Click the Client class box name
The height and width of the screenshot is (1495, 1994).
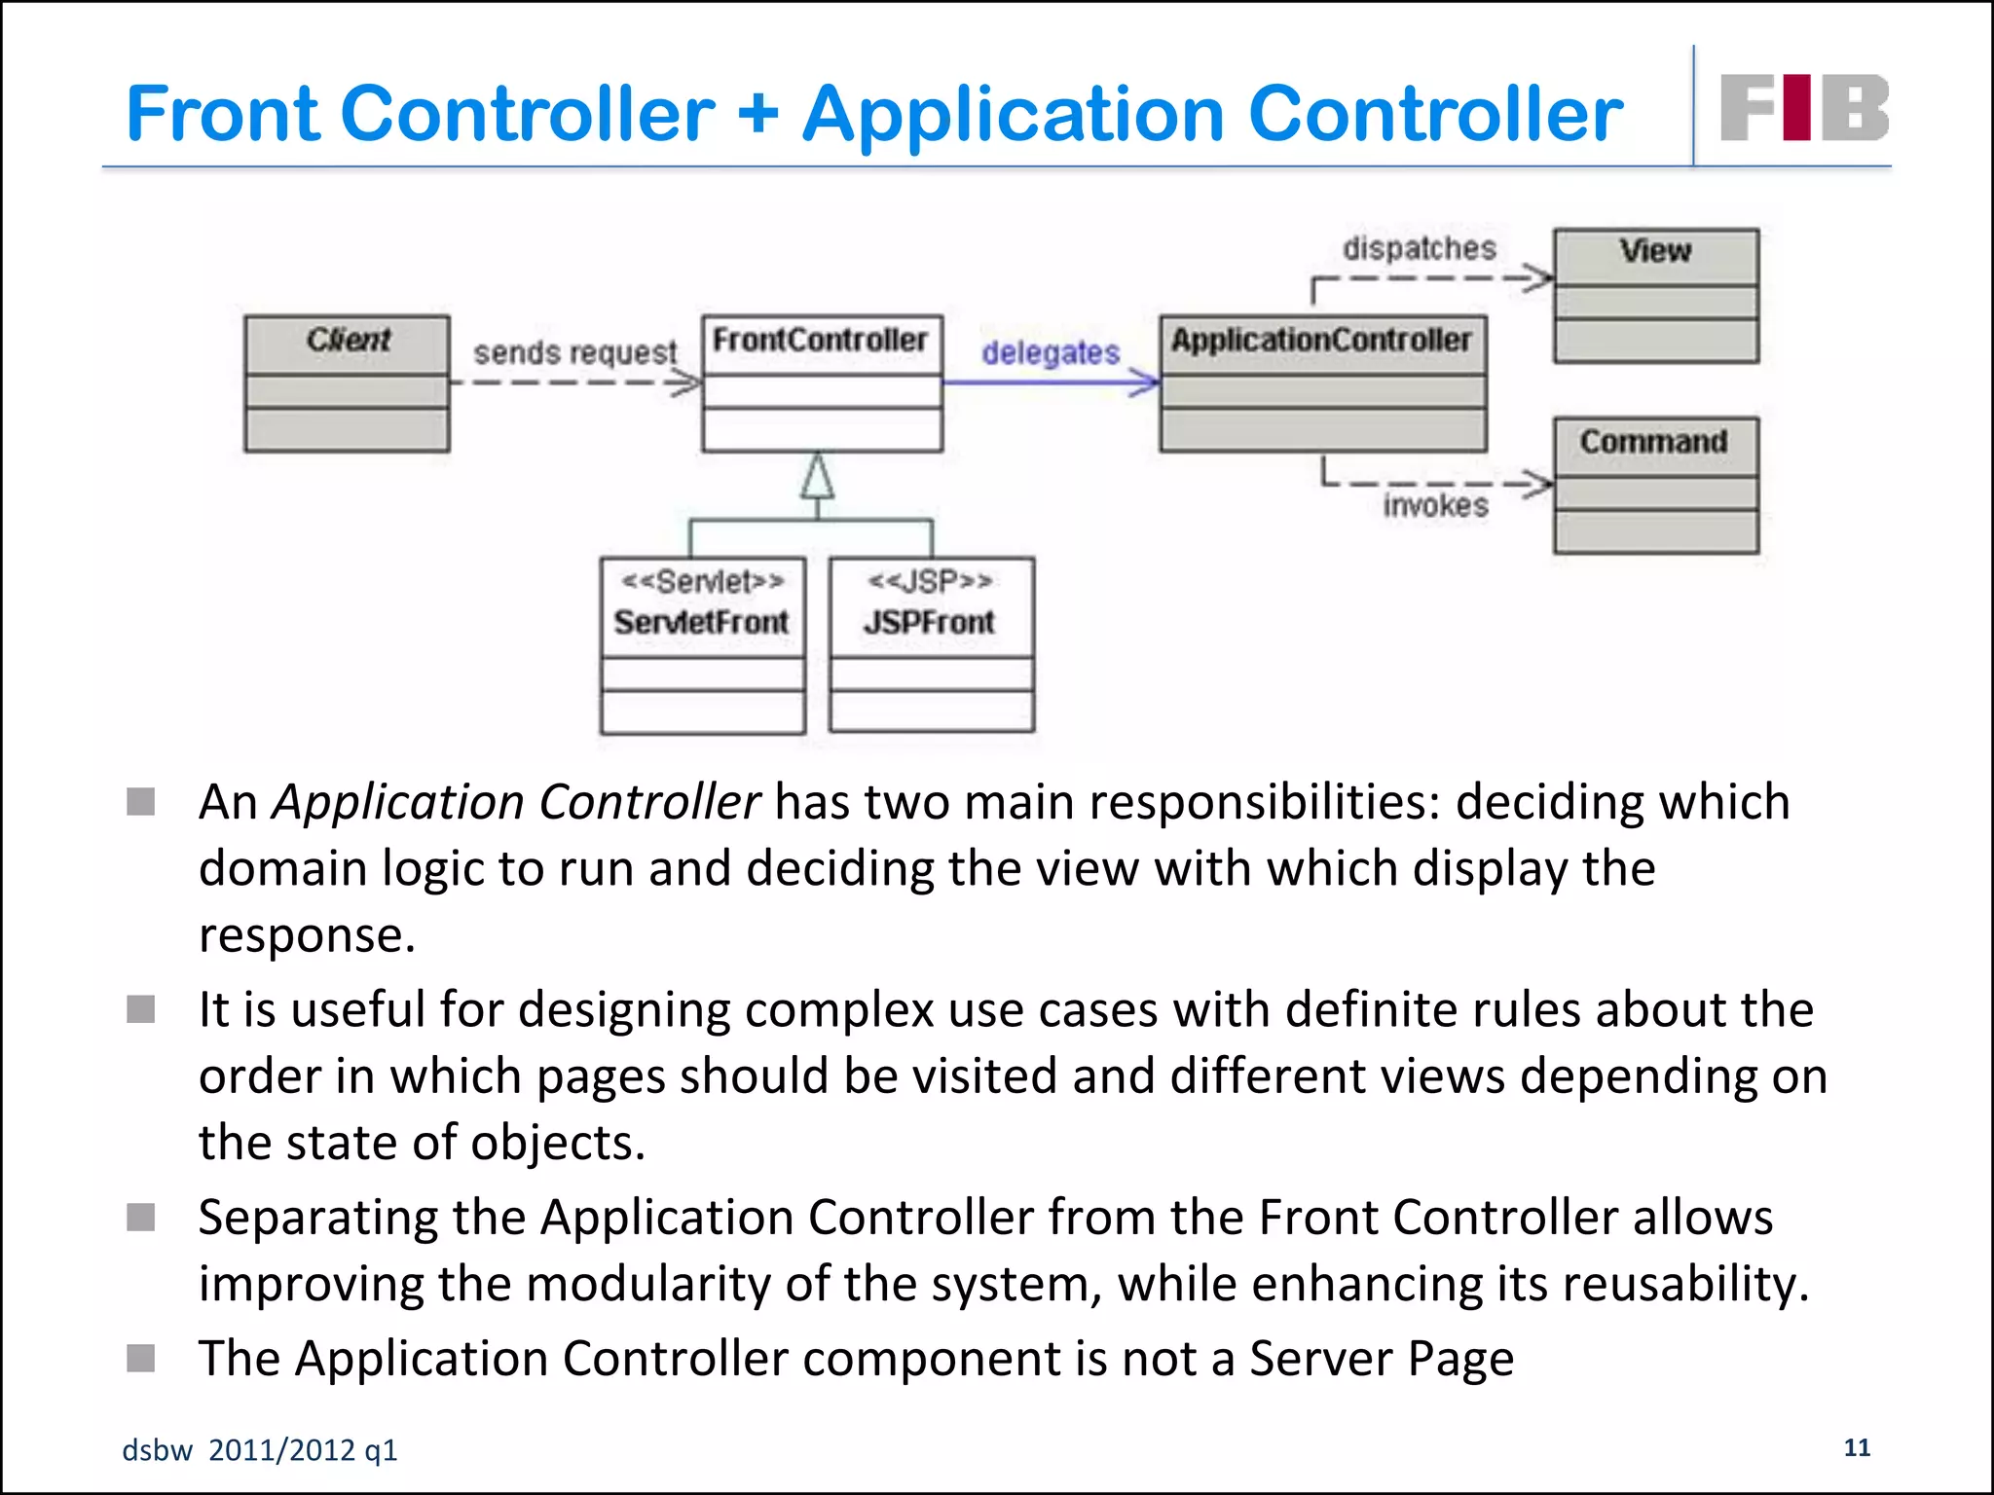point(348,340)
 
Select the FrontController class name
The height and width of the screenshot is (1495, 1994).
point(820,340)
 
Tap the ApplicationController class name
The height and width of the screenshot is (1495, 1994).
point(1321,340)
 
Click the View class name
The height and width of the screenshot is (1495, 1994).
point(1655,251)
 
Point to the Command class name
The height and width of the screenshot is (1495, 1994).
point(1654,442)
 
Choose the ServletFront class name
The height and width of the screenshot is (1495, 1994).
point(701,622)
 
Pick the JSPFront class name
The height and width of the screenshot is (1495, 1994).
point(929,622)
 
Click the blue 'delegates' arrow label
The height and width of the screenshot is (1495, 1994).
point(1051,352)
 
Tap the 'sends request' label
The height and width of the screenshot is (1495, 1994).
point(574,352)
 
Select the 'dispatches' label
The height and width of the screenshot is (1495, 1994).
point(1420,249)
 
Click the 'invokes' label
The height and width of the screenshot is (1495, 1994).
point(1436,505)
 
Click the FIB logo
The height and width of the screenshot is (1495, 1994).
point(1804,107)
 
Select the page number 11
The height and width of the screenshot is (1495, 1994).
point(1857,1447)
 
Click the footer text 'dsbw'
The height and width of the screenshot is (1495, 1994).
point(157,1450)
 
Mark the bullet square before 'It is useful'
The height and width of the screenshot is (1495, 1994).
point(141,1009)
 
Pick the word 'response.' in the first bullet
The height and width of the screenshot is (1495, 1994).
point(307,935)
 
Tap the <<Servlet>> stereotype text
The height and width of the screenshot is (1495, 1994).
point(702,581)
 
